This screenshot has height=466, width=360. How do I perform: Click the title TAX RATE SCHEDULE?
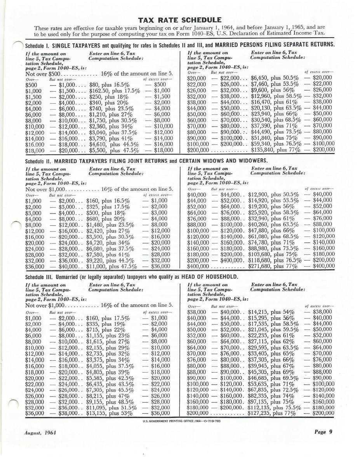179,20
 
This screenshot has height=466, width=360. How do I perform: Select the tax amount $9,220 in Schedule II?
95,260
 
